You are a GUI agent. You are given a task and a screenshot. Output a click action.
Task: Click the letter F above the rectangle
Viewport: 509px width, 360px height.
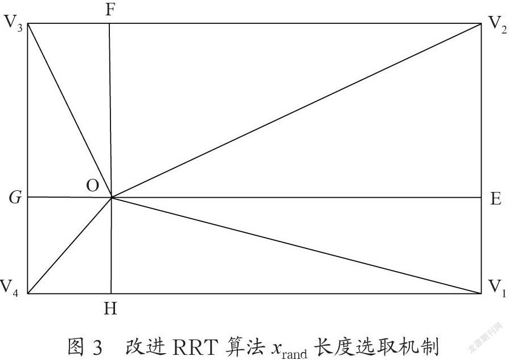(110, 10)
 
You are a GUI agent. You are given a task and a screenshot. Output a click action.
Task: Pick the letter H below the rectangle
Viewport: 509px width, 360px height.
(110, 308)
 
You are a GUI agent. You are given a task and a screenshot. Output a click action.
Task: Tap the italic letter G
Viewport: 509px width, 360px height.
(15, 197)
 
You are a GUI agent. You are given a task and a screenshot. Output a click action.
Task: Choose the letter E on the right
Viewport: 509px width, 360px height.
(495, 198)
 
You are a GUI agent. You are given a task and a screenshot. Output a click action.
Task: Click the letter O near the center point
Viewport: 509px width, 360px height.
(92, 186)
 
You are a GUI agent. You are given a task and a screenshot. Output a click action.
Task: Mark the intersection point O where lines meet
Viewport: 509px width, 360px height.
(112, 197)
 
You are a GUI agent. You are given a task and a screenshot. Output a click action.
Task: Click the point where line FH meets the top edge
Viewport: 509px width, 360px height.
(109, 23)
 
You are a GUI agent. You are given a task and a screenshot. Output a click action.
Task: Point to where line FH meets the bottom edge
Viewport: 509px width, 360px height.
(111, 293)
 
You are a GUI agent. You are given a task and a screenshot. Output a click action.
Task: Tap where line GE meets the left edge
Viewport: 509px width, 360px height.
(27, 197)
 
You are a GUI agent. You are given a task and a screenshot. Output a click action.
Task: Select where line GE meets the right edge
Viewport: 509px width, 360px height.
(481, 197)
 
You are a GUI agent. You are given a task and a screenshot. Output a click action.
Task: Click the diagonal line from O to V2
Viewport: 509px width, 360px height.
(296, 111)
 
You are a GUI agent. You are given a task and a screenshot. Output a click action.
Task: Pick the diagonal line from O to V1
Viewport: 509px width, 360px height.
(296, 246)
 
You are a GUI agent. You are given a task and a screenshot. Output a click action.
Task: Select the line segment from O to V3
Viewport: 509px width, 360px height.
(69, 111)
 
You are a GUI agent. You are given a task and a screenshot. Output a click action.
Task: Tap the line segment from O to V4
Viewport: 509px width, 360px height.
(69, 246)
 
